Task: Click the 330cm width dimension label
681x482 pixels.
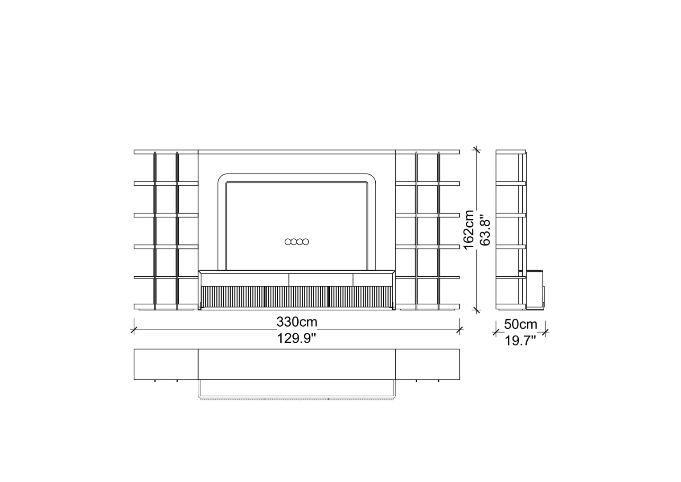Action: tap(297, 322)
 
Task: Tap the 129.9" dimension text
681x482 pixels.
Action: tap(297, 338)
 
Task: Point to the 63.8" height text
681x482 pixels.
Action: tap(485, 230)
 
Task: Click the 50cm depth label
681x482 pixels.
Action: tap(521, 324)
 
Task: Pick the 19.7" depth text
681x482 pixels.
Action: tap(520, 341)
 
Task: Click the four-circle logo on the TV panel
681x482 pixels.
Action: tap(297, 242)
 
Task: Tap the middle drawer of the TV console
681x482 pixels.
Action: tap(321, 280)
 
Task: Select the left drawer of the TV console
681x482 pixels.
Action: tap(245, 280)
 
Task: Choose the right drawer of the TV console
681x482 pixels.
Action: tap(373, 280)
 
